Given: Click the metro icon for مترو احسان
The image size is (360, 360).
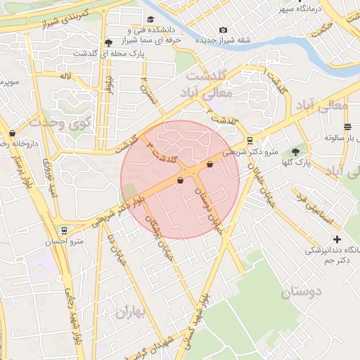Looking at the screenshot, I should point(65,230).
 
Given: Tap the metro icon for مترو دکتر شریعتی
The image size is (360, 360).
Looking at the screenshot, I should point(250,140).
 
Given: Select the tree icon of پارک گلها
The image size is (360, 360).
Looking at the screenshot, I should point(295,150).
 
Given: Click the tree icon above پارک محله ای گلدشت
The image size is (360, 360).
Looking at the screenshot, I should point(107,42).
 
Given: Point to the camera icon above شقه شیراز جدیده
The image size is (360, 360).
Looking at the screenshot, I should point(223,30).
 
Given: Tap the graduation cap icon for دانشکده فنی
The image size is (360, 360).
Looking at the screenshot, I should point(150,20).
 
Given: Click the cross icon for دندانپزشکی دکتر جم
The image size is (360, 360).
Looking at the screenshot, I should point(337,239).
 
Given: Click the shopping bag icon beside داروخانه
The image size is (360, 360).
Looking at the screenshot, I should point(12,133).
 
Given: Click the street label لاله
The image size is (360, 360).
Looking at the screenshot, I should point(65,75).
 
